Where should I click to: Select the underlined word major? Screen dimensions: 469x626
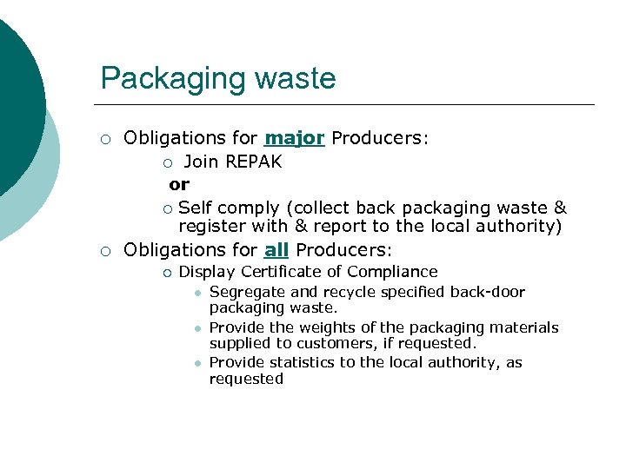pos(295,138)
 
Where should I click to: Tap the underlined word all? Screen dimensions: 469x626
pos(276,250)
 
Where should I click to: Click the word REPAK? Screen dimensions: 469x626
pos(253,162)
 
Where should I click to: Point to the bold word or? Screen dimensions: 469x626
pos(179,184)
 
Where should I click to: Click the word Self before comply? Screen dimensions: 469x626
pos(195,208)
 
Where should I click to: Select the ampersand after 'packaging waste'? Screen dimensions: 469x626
pos(560,208)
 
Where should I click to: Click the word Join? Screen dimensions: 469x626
pos(201,162)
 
